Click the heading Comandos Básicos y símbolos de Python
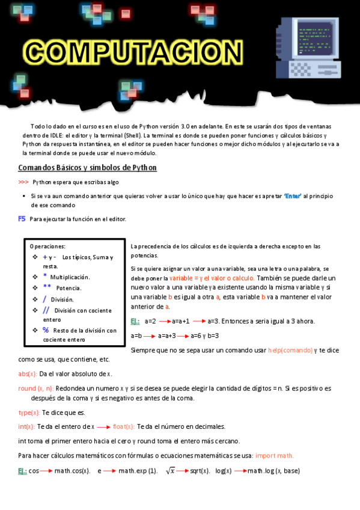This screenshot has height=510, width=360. (88, 167)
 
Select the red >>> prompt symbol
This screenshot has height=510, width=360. (23, 182)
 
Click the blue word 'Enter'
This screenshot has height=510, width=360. (292, 196)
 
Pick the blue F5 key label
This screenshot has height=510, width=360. (22, 219)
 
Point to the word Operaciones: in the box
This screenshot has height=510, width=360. (47, 246)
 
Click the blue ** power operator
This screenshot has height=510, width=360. (46, 287)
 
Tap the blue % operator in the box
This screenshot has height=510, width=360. (46, 330)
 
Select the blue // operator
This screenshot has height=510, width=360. (46, 310)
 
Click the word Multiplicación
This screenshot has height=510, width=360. (70, 277)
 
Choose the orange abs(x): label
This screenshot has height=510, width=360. (28, 373)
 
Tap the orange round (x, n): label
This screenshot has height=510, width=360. (36, 388)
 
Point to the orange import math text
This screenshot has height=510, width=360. (274, 455)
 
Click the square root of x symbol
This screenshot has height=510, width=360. (171, 470)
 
